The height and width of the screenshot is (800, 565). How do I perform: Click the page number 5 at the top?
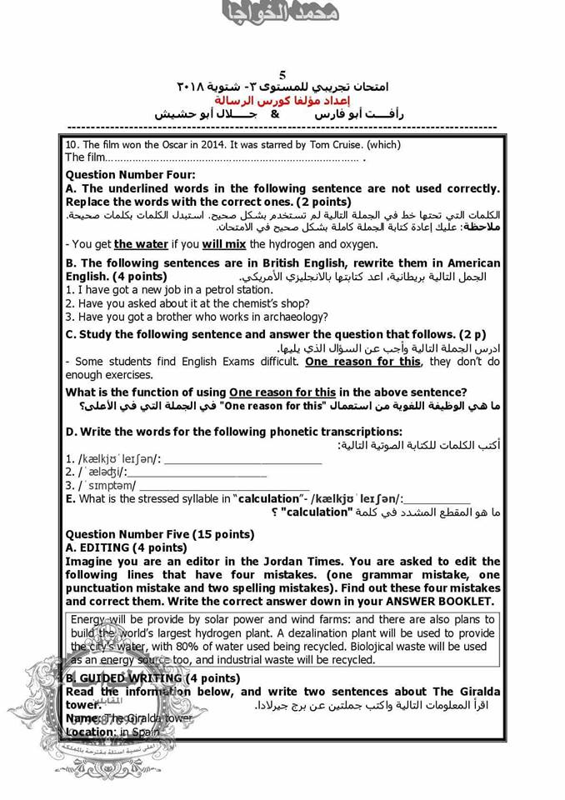(x=282, y=75)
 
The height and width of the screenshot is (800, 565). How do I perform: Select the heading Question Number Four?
(x=130, y=175)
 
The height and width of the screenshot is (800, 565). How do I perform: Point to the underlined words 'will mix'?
(x=223, y=244)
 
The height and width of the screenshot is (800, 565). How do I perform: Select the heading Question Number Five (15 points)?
(x=159, y=534)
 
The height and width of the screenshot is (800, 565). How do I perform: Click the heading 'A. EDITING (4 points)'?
(x=126, y=547)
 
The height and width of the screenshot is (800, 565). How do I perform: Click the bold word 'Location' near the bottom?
(x=89, y=732)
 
